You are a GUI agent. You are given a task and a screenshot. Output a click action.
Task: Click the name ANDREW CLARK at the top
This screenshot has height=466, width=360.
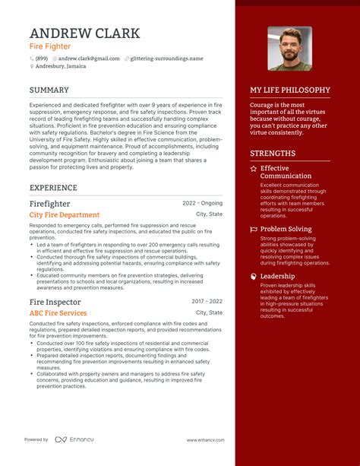tap(84, 33)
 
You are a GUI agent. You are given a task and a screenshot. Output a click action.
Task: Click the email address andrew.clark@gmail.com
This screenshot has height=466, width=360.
tap(89, 59)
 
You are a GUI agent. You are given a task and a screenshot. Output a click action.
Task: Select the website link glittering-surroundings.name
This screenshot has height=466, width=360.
tap(166, 59)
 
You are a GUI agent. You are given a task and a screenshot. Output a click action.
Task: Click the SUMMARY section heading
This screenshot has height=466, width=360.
tap(49, 90)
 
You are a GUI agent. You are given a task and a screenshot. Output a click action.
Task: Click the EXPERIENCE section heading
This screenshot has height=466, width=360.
tap(53, 187)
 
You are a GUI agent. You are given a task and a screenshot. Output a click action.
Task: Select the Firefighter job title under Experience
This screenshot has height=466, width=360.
tap(50, 204)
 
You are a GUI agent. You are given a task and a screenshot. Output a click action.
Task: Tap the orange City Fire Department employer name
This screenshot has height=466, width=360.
tap(64, 215)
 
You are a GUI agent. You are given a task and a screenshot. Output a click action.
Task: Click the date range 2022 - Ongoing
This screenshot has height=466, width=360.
tap(203, 204)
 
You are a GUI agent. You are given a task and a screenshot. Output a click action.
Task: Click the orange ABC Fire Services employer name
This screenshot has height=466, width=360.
tap(58, 312)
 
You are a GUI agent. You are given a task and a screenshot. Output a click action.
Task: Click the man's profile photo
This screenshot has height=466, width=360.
tap(289, 49)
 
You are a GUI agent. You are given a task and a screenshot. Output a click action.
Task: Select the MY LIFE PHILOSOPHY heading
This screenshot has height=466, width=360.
tap(290, 90)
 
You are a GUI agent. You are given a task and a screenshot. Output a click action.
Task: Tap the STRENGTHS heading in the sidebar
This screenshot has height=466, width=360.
tap(273, 153)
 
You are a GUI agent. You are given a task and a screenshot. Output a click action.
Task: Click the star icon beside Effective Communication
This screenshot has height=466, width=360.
tap(253, 168)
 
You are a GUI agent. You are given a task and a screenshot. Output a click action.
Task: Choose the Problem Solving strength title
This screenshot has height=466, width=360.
tap(286, 229)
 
